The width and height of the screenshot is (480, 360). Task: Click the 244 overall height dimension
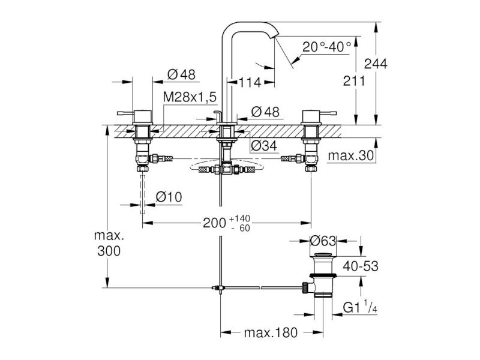[x=376, y=64]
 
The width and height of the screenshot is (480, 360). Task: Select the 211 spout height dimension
[x=354, y=81]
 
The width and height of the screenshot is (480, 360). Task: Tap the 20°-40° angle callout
[x=326, y=47]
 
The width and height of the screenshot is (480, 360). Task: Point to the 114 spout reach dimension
[x=250, y=82]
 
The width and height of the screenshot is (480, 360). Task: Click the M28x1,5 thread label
[x=190, y=97]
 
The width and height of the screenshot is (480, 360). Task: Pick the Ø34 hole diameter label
[x=264, y=146]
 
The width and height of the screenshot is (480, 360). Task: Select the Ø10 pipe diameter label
[x=169, y=197]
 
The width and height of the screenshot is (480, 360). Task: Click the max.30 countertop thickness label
[x=351, y=155]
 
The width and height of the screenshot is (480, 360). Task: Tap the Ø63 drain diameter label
[x=323, y=241]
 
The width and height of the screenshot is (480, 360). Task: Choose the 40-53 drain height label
[x=361, y=266]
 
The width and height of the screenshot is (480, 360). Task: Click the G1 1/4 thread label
[x=360, y=307]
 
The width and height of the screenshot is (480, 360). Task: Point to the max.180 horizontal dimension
[x=271, y=332]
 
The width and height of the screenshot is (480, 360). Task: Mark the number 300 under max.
[x=109, y=251]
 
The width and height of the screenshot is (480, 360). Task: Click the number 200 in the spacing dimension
[x=215, y=223]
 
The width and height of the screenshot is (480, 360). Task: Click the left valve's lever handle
[x=126, y=113]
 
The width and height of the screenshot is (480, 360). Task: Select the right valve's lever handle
[x=328, y=113]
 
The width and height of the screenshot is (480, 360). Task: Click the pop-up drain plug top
[x=323, y=254]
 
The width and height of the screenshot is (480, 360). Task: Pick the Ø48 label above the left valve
[x=182, y=74]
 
